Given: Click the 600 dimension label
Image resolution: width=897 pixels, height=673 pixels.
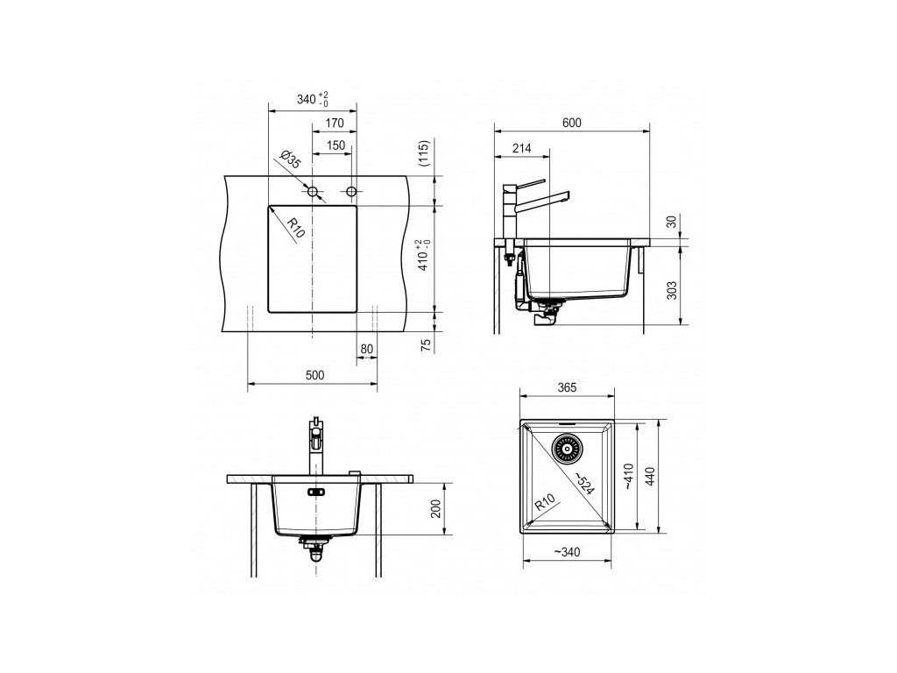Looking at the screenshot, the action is coord(571,123).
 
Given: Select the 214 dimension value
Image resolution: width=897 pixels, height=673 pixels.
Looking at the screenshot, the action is coord(521,148).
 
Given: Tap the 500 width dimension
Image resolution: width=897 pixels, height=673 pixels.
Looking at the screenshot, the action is coord(314,375).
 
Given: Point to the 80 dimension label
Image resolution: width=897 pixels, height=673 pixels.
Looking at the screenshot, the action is coord(367,349).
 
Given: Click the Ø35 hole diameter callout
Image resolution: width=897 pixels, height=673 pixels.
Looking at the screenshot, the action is coord(291,159).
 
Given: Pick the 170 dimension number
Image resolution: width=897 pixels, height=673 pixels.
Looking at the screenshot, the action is coord(335,123).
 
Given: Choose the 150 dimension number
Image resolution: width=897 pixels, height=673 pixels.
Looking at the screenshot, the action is coord(335,145).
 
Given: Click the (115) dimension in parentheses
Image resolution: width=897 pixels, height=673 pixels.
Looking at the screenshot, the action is coord(424,152).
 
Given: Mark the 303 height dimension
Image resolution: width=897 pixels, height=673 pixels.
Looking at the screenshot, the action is coord(672,290).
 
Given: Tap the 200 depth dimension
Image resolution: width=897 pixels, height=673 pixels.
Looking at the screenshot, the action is coord(436,509).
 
